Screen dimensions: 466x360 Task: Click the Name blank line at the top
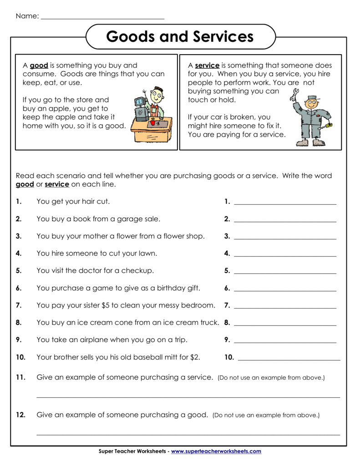click(x=102, y=19)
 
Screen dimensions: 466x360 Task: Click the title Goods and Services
click(x=180, y=36)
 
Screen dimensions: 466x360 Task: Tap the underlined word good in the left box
click(x=39, y=66)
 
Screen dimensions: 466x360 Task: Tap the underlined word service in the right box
click(x=207, y=66)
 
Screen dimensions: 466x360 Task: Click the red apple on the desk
click(x=153, y=122)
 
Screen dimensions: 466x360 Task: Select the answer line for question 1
click(x=285, y=204)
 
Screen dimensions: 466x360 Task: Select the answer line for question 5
click(x=285, y=274)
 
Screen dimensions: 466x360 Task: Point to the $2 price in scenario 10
click(x=195, y=357)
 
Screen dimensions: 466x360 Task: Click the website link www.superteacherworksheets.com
click(x=216, y=451)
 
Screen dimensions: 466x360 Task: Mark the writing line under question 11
click(x=188, y=397)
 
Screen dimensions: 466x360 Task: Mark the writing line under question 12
click(x=188, y=435)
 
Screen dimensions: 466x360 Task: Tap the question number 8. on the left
click(x=19, y=322)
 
